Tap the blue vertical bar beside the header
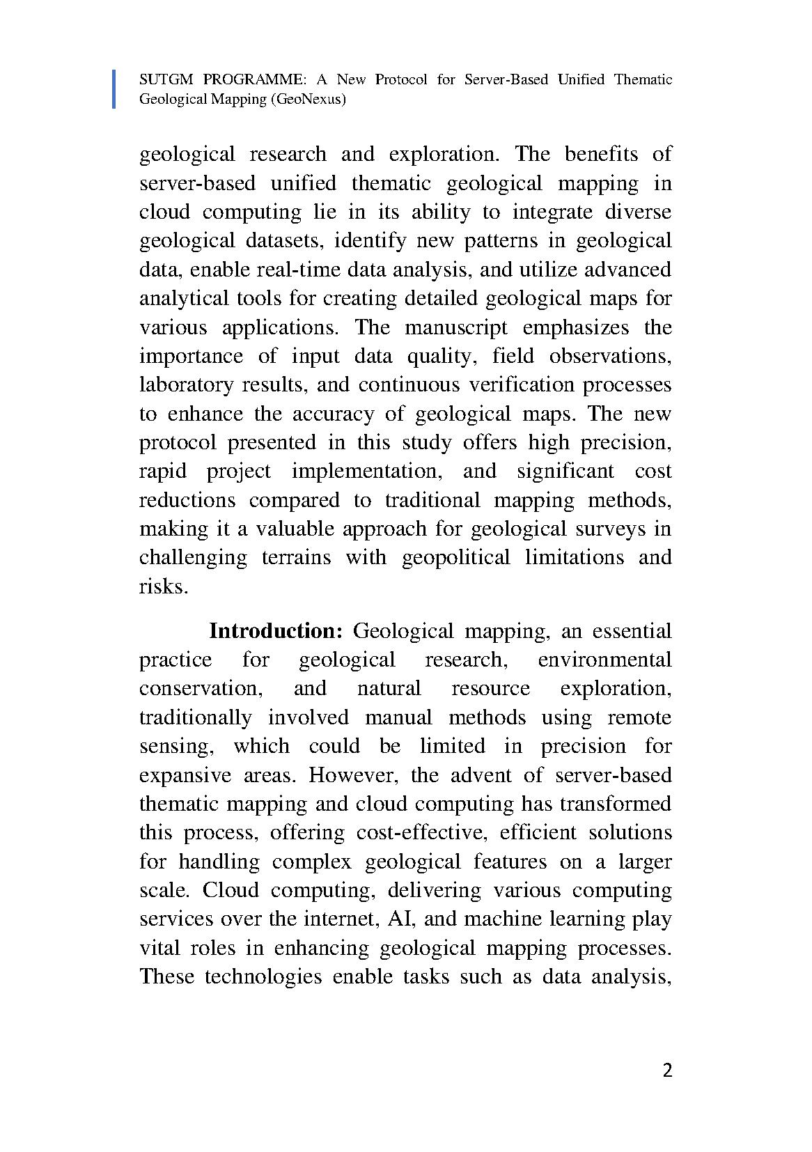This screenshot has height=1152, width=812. pos(114,89)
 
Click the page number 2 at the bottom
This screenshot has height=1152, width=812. pos(667,1071)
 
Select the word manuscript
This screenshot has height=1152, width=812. pos(456,327)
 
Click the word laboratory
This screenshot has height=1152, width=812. pos(187,385)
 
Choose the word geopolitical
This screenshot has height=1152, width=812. pos(455,558)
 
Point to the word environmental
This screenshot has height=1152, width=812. pos(604,660)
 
